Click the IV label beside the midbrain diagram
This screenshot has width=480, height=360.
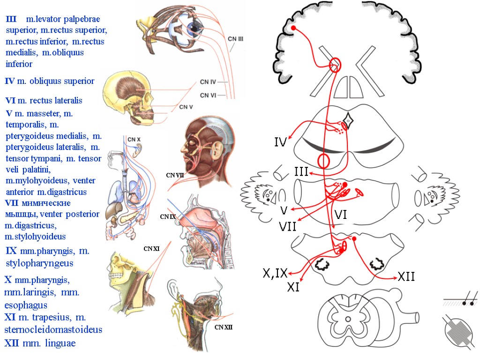pyautogui.click(x=280, y=142)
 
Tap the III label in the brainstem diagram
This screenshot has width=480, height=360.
pyautogui.click(x=301, y=172)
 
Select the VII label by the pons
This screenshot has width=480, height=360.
pyautogui.click(x=287, y=227)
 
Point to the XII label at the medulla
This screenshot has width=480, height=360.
pyautogui.click(x=406, y=277)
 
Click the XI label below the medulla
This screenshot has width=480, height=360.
pyautogui.click(x=293, y=287)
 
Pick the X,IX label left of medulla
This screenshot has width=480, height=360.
pyautogui.click(x=275, y=273)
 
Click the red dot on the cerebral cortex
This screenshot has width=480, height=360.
pyautogui.click(x=293, y=29)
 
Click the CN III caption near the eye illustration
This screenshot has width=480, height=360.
pyautogui.click(x=235, y=39)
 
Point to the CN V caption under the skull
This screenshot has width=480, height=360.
pyautogui.click(x=186, y=107)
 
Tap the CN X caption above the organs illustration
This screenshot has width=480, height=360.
pyautogui.click(x=134, y=139)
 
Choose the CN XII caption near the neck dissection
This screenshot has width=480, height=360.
pyautogui.click(x=224, y=327)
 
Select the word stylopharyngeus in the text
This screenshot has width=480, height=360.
pyautogui.click(x=40, y=263)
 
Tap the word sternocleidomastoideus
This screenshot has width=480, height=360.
pyautogui.click(x=53, y=330)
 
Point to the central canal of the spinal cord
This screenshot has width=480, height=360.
pyautogui.click(x=348, y=319)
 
